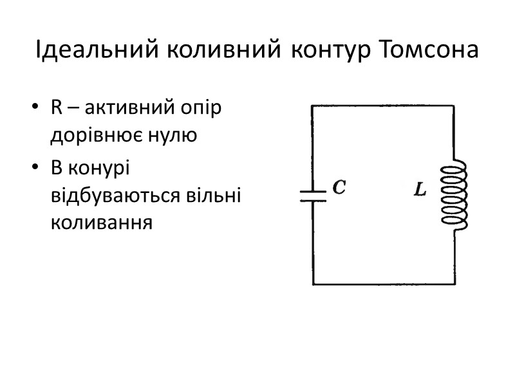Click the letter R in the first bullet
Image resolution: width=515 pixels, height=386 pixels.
point(57,108)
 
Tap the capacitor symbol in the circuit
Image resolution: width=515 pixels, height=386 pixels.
point(313,196)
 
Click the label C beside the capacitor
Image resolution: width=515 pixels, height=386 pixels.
point(339,187)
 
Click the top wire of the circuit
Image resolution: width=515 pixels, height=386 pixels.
point(383,106)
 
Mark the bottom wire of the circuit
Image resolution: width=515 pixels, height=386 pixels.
point(383,284)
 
